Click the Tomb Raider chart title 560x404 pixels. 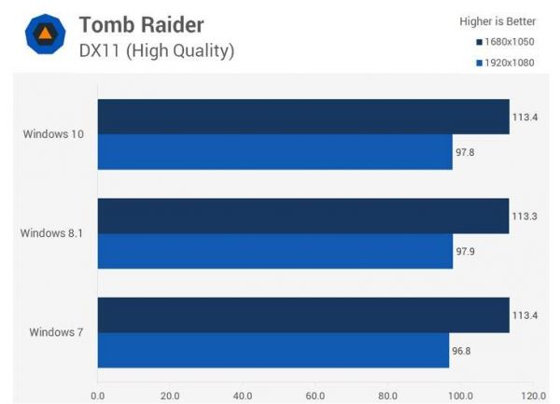141,24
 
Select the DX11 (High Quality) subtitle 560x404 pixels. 156,49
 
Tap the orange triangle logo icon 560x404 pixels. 43,36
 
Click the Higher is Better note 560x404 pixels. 497,21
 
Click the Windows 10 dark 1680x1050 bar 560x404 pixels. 303,117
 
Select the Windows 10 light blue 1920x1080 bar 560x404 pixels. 274,151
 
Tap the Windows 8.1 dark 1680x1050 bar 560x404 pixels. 303,216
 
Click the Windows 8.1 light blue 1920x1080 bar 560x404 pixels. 274,251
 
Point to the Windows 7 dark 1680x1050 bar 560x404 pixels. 303,315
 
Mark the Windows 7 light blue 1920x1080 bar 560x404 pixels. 273,350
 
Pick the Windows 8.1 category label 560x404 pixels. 52,233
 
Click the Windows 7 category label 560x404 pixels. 57,332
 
